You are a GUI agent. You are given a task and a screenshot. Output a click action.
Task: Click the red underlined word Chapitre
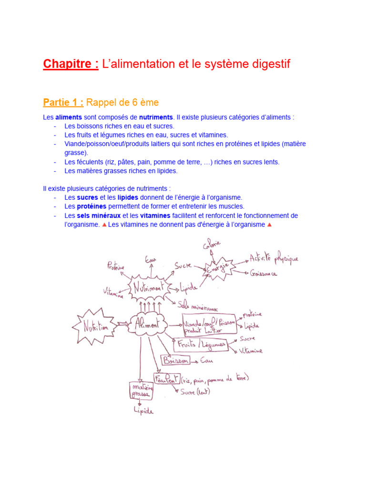point(71,64)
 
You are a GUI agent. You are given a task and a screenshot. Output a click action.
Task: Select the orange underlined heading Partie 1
point(63,102)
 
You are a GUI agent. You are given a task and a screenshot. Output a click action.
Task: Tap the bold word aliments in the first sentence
point(69,117)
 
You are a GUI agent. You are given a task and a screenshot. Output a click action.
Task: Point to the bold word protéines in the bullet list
point(92,206)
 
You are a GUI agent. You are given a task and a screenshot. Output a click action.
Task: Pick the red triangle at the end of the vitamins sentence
point(269,224)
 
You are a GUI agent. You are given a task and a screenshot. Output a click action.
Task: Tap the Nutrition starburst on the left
point(95,327)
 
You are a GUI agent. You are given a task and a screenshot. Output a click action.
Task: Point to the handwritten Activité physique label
point(274,259)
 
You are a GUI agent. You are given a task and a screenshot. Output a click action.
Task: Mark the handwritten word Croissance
point(263,274)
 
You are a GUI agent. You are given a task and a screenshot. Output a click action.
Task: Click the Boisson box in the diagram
point(175,360)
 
